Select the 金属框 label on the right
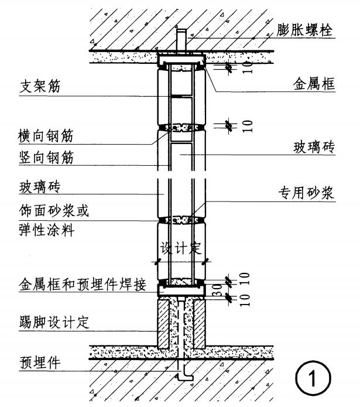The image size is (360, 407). pos(314,84)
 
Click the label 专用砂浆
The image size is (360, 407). pos(305,193)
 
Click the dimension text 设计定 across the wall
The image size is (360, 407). pos(181,247)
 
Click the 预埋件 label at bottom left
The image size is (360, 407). pos(40,364)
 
